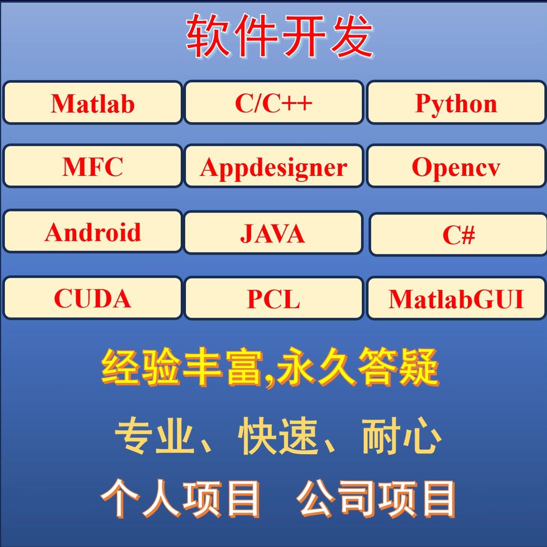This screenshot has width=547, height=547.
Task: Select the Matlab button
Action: (x=92, y=103)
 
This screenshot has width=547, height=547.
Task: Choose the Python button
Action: (x=456, y=103)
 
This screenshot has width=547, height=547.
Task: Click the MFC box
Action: (x=92, y=166)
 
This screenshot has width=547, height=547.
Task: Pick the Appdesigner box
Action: (x=273, y=167)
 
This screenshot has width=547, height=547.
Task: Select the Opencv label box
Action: (x=456, y=167)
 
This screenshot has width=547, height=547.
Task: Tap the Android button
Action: (x=92, y=232)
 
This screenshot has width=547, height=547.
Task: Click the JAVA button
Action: (x=273, y=233)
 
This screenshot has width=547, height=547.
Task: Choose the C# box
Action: (x=458, y=235)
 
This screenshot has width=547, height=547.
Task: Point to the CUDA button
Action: (x=92, y=298)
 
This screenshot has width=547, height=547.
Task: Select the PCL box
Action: (x=273, y=299)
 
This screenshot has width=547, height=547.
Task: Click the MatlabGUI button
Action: (x=456, y=299)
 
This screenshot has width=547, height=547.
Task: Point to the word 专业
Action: (x=155, y=436)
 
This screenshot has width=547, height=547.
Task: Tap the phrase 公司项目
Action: (x=376, y=499)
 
